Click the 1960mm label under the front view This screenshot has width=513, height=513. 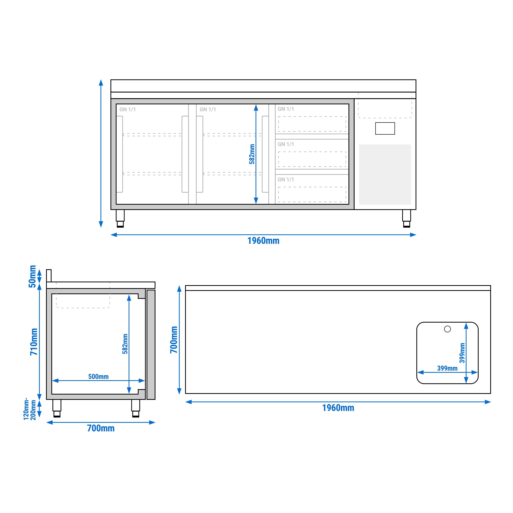pyautogui.click(x=263, y=241)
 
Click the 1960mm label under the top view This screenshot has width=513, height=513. pyautogui.click(x=338, y=408)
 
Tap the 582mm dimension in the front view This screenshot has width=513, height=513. pyautogui.click(x=252, y=154)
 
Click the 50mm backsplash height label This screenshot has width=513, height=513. pyautogui.click(x=32, y=276)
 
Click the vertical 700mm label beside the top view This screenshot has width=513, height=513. pyautogui.click(x=174, y=340)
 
